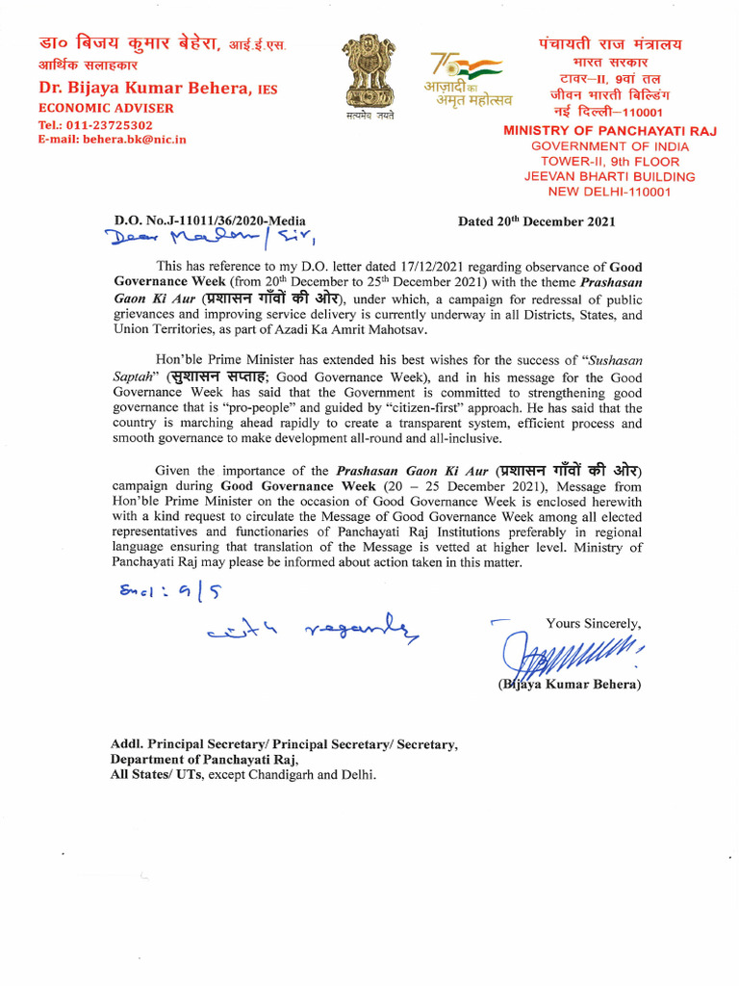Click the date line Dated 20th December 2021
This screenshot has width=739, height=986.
(x=537, y=221)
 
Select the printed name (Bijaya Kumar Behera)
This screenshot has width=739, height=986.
(x=568, y=686)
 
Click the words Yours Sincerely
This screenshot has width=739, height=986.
(x=593, y=623)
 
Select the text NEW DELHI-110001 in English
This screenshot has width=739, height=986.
(x=610, y=192)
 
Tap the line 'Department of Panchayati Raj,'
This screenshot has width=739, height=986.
(x=197, y=759)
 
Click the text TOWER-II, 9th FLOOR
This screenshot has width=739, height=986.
(x=610, y=161)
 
